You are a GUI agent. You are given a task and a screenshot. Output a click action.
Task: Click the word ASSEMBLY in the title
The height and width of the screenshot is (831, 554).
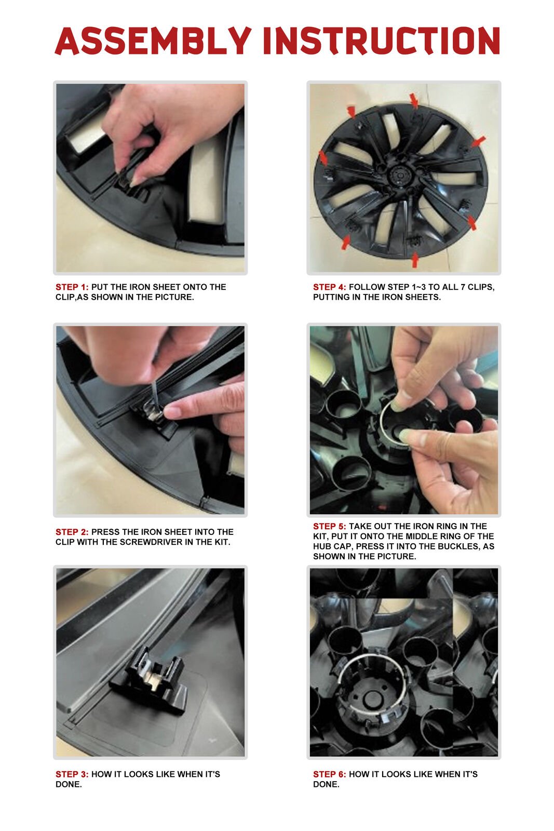[153, 41]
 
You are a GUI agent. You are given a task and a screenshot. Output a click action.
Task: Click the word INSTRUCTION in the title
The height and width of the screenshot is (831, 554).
[382, 41]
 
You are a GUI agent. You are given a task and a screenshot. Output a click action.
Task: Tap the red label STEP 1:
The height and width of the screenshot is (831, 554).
[72, 287]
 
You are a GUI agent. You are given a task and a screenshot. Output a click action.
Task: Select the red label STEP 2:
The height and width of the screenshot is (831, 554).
[72, 532]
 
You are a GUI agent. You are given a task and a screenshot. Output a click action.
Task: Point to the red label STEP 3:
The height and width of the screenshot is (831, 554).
[72, 774]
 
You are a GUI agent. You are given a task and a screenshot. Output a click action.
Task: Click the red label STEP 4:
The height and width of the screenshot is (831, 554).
[330, 287]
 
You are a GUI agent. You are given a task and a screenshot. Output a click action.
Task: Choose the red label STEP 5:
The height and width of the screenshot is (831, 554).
[330, 526]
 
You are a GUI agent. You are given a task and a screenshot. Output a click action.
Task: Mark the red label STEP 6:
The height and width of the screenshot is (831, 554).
[330, 774]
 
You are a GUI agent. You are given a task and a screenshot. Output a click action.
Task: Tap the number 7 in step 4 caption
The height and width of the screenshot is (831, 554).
[463, 287]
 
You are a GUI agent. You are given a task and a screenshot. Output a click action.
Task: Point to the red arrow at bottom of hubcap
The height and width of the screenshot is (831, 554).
[414, 259]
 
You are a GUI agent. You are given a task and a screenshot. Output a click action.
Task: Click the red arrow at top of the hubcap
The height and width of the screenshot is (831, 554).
[414, 100]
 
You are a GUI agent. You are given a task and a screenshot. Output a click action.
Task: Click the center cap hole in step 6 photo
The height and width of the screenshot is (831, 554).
[370, 699]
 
